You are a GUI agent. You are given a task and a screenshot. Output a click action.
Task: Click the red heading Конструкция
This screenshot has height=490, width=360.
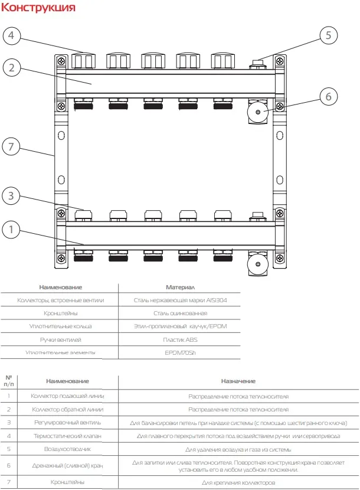click(38, 8)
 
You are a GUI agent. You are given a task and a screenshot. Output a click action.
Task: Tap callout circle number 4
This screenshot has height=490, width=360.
click(11, 35)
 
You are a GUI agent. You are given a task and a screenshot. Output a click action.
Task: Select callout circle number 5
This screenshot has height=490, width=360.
click(329, 35)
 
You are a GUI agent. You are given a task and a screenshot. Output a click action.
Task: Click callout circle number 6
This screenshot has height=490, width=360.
click(329, 97)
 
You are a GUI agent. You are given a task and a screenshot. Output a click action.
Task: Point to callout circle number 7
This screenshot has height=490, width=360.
click(11, 146)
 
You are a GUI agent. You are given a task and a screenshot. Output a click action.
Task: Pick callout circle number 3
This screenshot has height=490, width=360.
click(11, 196)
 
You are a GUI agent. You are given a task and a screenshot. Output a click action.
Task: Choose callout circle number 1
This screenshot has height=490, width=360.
click(11, 230)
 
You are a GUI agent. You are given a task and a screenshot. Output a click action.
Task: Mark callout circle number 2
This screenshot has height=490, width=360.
click(12, 67)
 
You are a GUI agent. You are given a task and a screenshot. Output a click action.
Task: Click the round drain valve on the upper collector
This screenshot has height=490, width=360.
click(258, 112)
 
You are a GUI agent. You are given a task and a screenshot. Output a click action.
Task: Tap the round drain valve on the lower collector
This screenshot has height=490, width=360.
click(258, 264)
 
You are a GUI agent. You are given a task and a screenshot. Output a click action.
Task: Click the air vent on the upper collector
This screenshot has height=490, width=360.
click(257, 64)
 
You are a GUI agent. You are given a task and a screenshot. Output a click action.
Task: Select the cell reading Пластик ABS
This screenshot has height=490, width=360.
click(181, 339)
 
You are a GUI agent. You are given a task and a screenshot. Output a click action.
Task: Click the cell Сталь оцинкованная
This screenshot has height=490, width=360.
click(181, 313)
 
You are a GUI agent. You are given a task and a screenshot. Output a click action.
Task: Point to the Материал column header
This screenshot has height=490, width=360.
click(181, 287)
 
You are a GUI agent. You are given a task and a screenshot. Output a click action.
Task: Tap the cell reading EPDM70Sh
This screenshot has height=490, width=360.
click(181, 353)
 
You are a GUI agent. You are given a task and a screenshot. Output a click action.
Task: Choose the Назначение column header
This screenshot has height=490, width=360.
click(238, 381)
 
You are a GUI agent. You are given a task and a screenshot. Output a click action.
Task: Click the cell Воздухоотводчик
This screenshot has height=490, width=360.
click(67, 449)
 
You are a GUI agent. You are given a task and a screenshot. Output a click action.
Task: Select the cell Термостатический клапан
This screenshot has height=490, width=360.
click(67, 436)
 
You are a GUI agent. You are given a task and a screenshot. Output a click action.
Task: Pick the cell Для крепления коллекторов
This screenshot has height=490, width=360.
click(238, 483)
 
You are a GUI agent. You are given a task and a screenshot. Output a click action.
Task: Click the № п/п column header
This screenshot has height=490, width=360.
click(9, 381)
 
